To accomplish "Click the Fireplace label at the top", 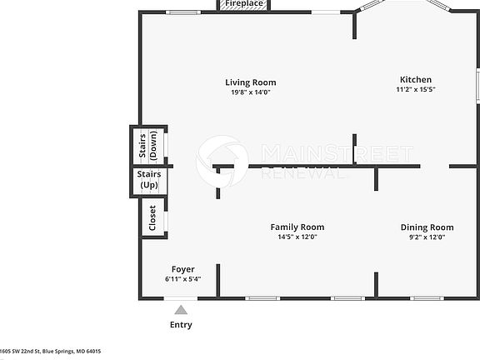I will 244,4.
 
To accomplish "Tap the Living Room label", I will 250,82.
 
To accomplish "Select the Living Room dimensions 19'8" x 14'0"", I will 250,92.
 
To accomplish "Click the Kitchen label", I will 415,80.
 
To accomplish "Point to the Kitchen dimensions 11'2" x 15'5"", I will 415,89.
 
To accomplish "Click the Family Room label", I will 297,227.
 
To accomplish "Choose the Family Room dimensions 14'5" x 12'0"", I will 297,237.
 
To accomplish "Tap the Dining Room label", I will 427,227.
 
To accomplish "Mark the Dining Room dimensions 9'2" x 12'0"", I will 427,237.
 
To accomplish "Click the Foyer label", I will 182,269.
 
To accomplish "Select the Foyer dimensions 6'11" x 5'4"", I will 182,279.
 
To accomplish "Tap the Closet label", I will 152,217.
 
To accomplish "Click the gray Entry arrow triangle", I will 181,310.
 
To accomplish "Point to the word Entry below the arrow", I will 181,325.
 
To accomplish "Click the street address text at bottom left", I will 50,352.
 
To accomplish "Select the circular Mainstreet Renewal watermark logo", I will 222,161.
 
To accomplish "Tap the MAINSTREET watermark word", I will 337,153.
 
